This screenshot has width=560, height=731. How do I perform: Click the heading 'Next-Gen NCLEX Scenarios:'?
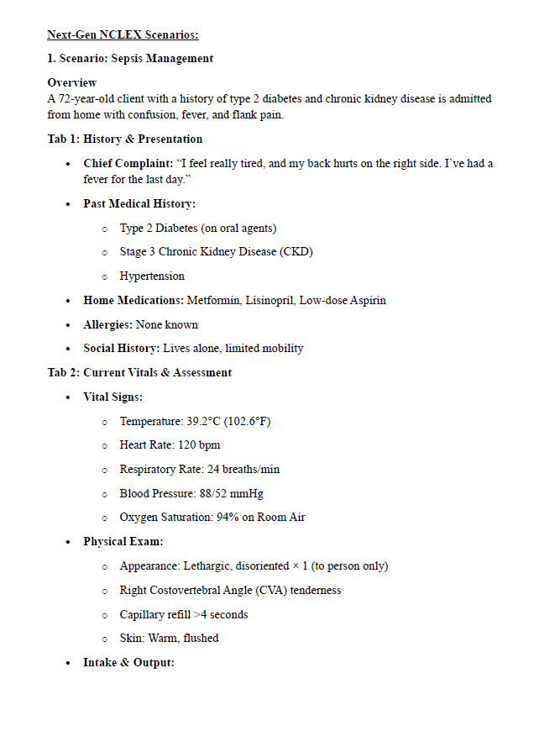(123, 34)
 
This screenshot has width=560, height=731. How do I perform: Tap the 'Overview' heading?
(72, 82)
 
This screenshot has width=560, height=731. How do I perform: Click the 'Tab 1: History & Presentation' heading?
(125, 139)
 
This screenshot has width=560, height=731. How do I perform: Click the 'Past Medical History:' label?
(139, 203)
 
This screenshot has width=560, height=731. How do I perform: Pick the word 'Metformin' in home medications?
(214, 300)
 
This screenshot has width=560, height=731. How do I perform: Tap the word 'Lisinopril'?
(270, 300)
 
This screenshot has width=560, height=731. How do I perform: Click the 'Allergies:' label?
(107, 324)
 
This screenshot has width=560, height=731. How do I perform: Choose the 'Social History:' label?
(121, 348)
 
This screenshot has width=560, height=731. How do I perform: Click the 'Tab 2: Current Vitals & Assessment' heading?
(139, 372)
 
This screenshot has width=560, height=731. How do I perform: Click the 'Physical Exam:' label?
(123, 541)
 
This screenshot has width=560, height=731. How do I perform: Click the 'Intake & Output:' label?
(128, 662)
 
